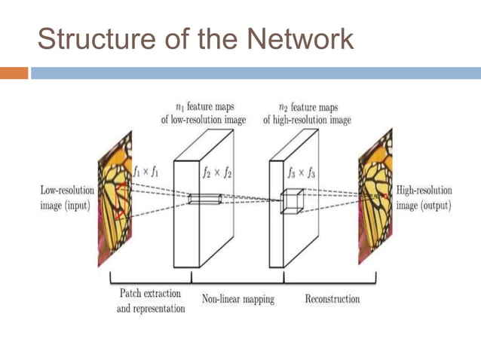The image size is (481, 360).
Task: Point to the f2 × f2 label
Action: [216, 172]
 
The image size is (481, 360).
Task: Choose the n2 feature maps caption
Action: [307, 114]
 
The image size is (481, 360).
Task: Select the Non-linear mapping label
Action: [237, 299]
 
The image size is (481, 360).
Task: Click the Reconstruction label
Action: [332, 299]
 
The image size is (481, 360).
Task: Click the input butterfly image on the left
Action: [114, 200]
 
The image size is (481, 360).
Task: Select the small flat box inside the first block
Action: [204, 199]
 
